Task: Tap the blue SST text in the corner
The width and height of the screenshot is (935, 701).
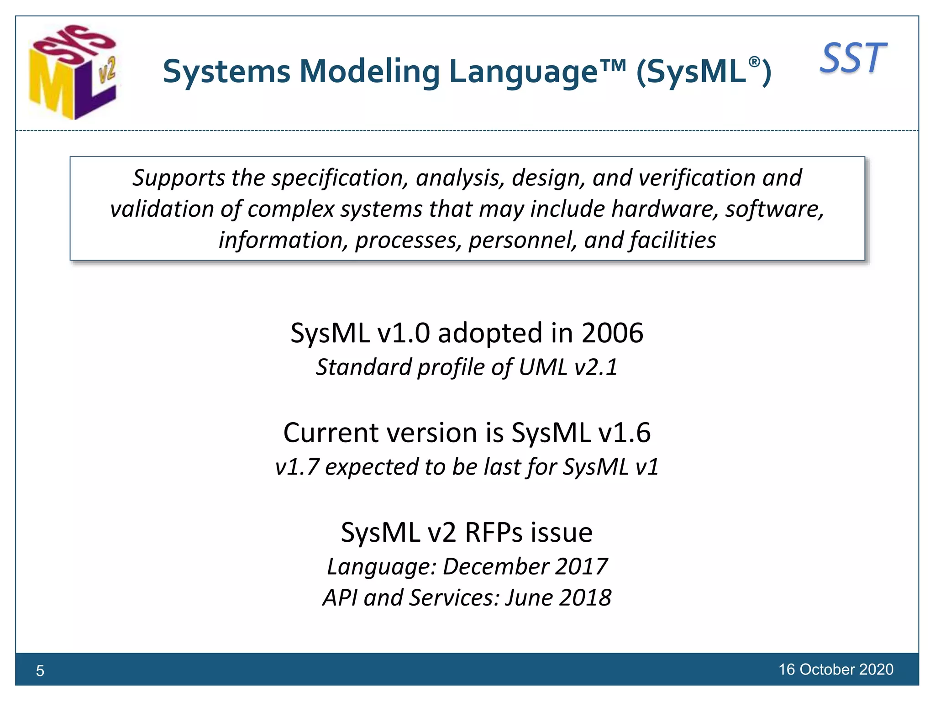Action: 853,58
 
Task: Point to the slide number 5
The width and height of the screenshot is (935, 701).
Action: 40,670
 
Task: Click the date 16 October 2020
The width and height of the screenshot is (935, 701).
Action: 835,670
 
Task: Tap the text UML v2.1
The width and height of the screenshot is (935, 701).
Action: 568,367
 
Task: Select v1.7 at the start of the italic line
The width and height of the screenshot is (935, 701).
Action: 297,467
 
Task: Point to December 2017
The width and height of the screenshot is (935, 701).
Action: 525,566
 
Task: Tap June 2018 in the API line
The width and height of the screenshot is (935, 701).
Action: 558,598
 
